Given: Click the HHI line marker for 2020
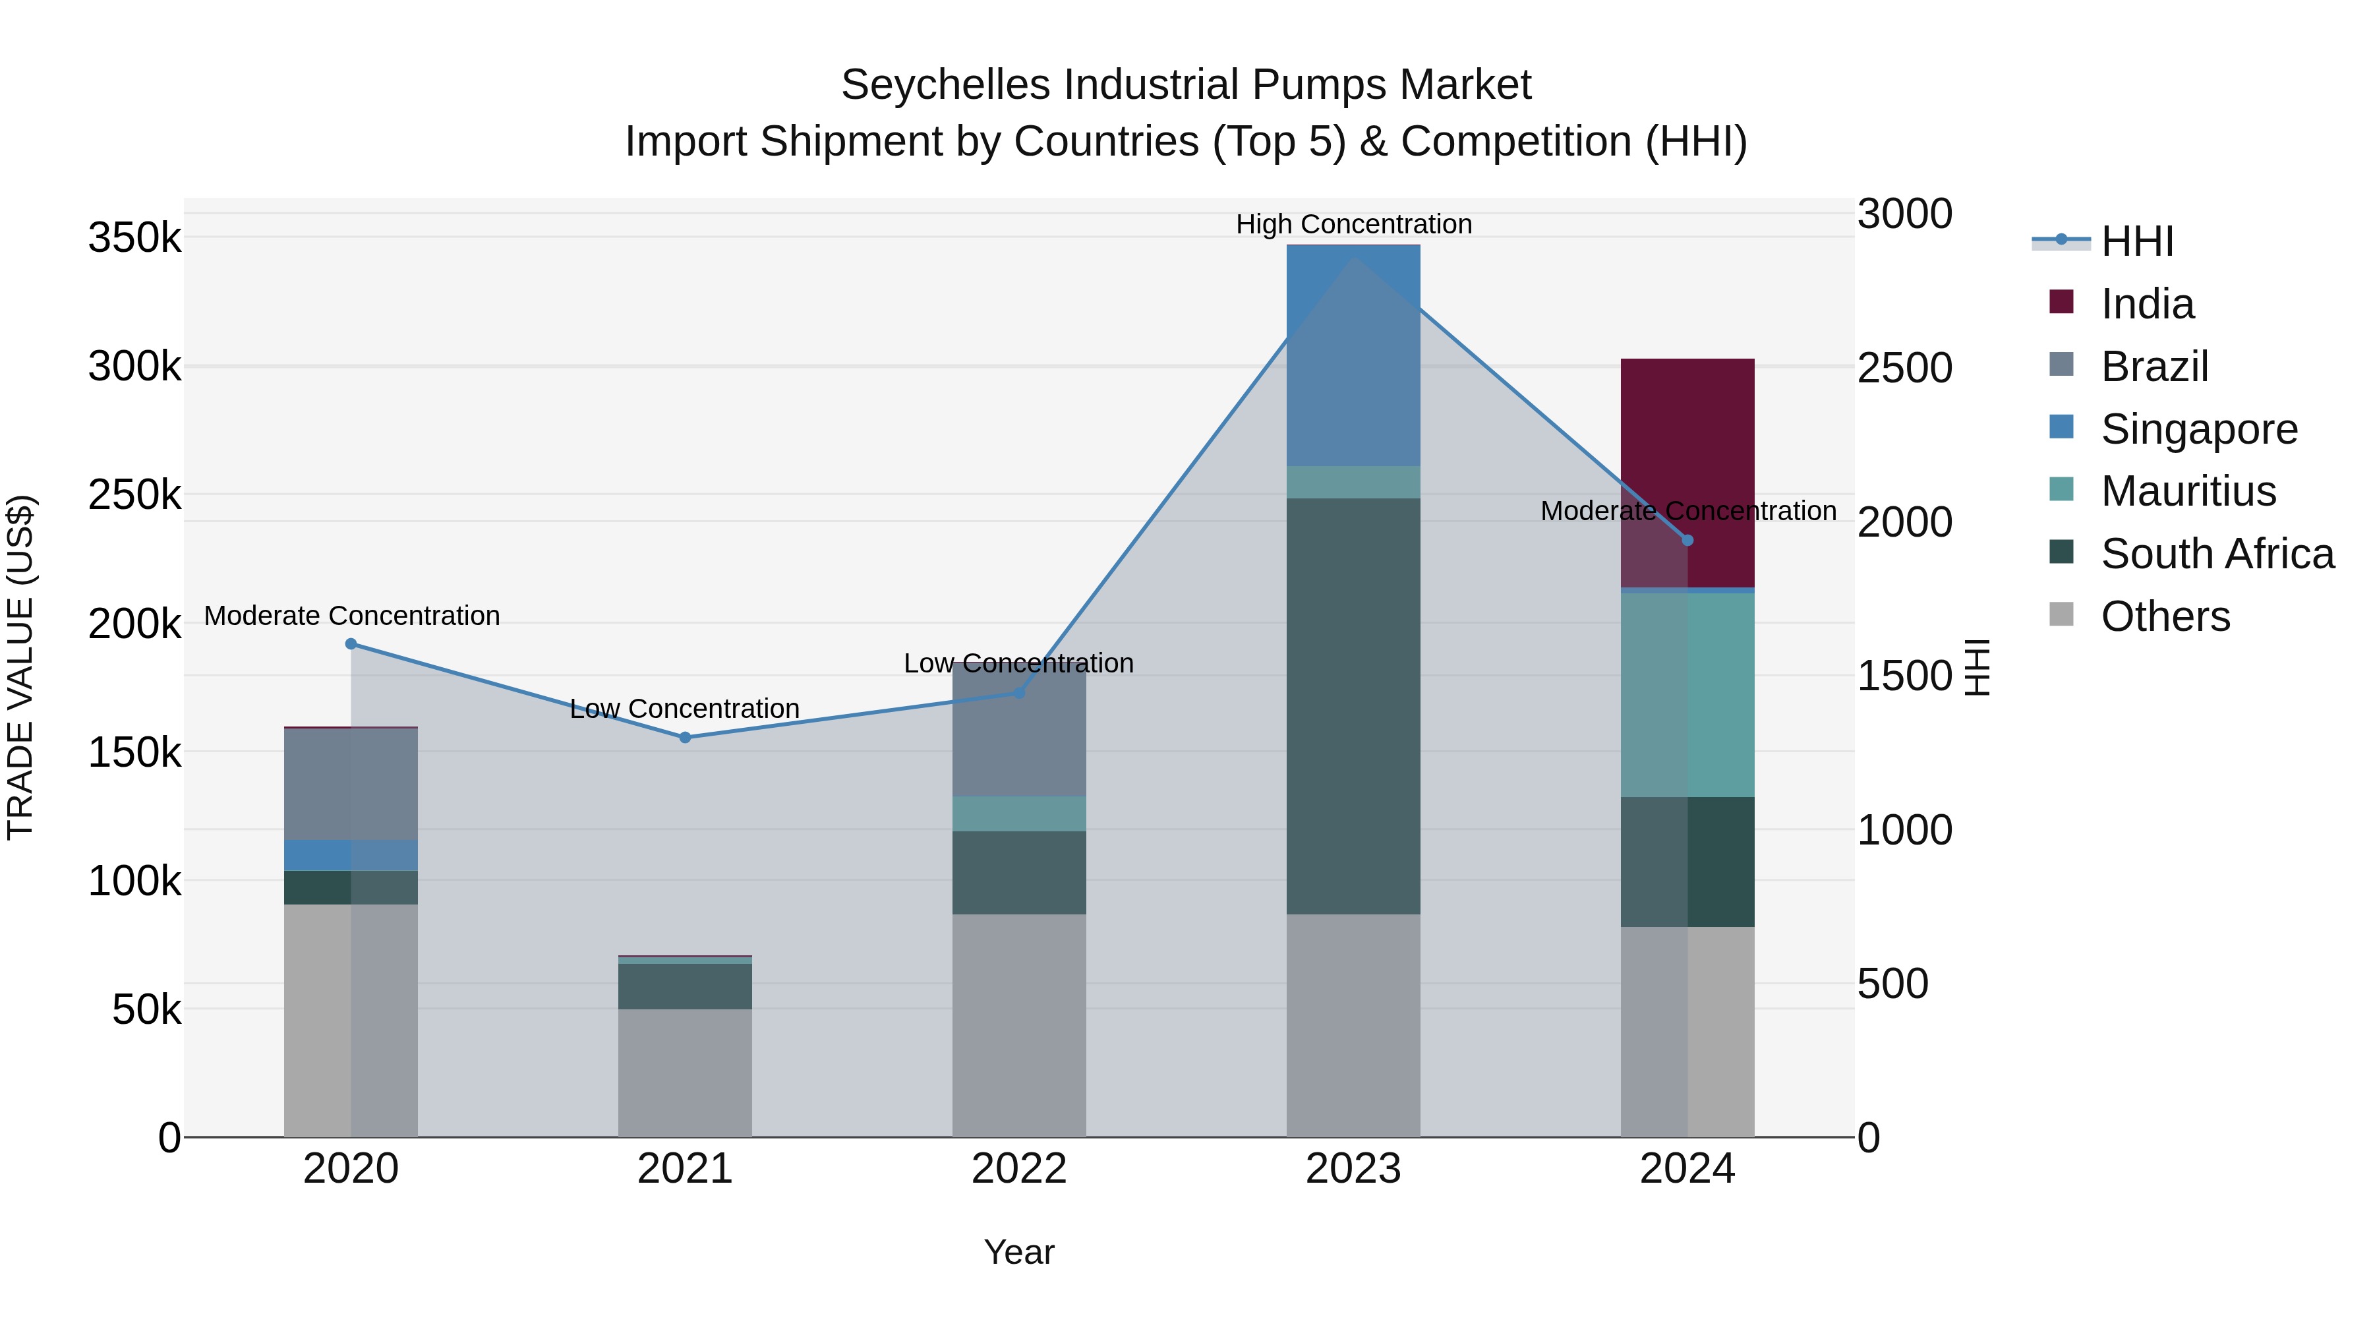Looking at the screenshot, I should click(x=351, y=644).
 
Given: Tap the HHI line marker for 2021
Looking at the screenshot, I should click(x=684, y=737).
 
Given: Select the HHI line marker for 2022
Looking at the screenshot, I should click(x=1019, y=692).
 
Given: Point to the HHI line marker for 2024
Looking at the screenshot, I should click(x=1687, y=540).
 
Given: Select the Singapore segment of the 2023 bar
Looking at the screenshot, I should click(x=1353, y=355).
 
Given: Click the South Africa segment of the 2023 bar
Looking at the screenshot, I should click(x=1353, y=705).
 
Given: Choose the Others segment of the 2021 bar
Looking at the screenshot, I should click(x=684, y=1073).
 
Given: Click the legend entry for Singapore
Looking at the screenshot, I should click(x=2199, y=429).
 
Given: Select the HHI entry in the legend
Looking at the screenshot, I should click(x=2137, y=241).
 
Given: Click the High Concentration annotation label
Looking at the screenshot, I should click(x=1353, y=224).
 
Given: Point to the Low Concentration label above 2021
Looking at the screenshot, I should click(x=684, y=709).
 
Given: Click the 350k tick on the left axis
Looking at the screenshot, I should click(x=134, y=238).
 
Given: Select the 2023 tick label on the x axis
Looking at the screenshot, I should click(x=1353, y=1169).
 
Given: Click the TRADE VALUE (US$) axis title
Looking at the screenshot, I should click(x=21, y=667).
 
